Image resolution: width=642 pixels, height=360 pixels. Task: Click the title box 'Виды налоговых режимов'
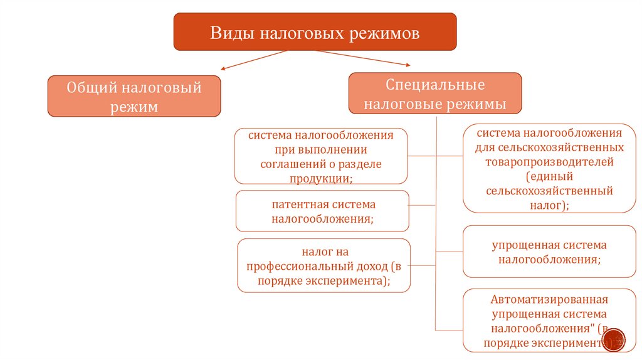[315, 31]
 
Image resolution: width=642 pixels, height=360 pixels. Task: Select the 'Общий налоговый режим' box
[134, 96]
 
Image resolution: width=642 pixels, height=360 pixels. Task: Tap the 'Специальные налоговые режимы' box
[434, 93]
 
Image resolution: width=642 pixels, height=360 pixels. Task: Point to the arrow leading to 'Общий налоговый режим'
[251, 61]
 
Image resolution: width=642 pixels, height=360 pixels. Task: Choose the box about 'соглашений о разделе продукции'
[321, 156]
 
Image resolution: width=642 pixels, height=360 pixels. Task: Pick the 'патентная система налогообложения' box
[322, 211]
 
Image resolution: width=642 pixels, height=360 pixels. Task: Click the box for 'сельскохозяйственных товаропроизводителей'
[549, 168]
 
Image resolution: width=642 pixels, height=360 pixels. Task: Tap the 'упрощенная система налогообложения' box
[549, 251]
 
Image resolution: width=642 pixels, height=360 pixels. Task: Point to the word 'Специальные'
[435, 83]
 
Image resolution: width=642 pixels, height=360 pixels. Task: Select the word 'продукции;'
[321, 178]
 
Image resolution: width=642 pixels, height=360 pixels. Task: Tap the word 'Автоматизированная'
[549, 299]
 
